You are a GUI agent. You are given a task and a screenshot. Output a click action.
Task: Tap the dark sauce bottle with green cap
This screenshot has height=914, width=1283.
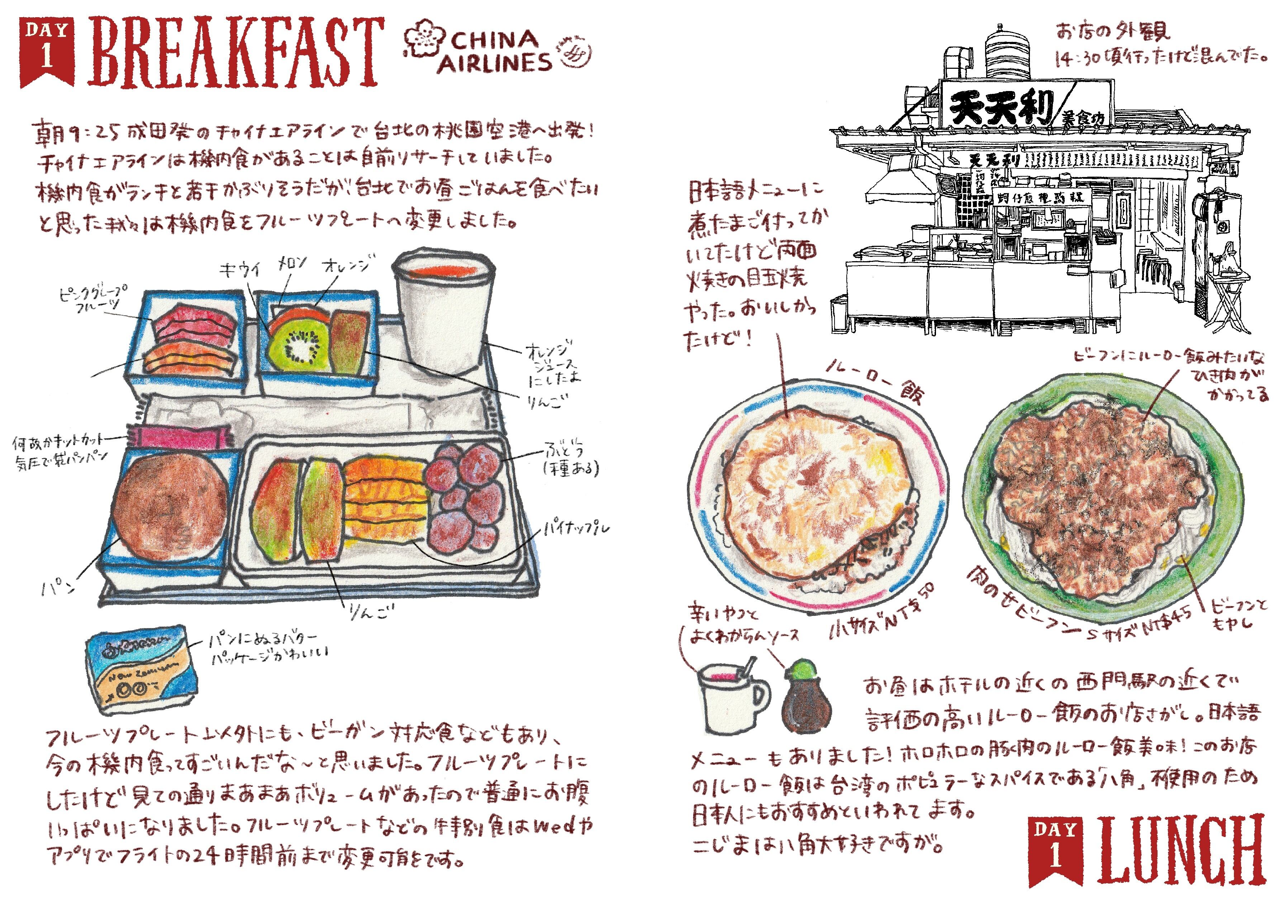pyautogui.click(x=806, y=698)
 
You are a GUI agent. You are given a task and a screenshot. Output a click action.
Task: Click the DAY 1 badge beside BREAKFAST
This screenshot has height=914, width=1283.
pyautogui.click(x=47, y=51)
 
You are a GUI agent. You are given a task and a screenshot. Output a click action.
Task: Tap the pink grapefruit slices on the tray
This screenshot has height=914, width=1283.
pyautogui.click(x=194, y=325)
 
